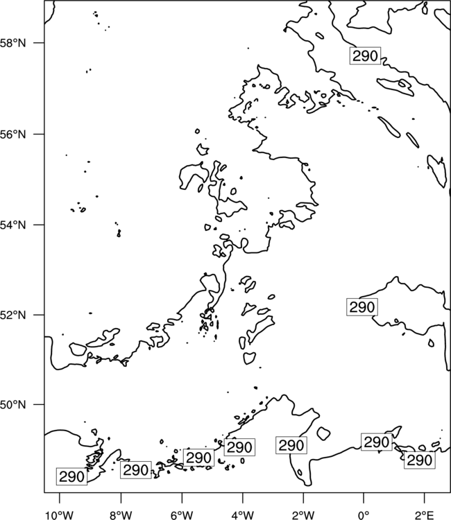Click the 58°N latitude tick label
(x=13, y=43)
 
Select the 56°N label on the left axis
(x=13, y=135)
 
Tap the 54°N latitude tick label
(x=13, y=225)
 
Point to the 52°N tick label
(x=13, y=315)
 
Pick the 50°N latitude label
(x=13, y=405)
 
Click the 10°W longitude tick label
(x=60, y=514)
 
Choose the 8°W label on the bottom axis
(x=121, y=514)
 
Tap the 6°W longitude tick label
(x=182, y=514)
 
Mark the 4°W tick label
(x=243, y=514)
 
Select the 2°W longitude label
(x=303, y=514)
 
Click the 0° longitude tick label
(x=364, y=514)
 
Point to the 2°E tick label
(x=424, y=514)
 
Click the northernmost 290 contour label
(x=365, y=55)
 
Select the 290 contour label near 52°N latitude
(x=362, y=306)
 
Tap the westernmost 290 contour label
(x=71, y=476)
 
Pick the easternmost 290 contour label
(x=420, y=460)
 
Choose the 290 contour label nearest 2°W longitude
(x=291, y=445)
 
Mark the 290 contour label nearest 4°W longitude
(x=239, y=447)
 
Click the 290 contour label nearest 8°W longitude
(x=136, y=469)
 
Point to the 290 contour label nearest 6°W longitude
(x=198, y=458)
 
